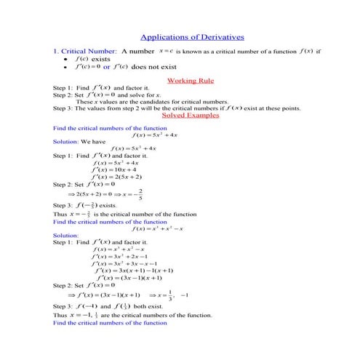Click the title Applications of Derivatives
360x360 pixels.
pos(191,36)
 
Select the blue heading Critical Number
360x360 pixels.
pos(88,52)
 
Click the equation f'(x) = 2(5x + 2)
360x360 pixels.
pos(118,177)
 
